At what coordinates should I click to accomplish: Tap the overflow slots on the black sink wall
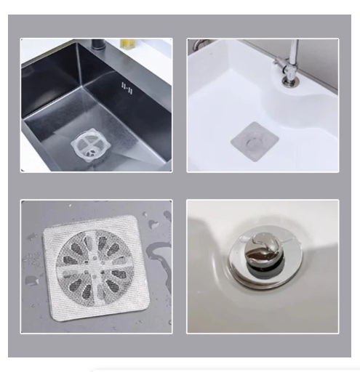125,87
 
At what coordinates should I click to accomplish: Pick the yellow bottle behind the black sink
128,43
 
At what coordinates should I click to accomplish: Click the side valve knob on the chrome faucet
278,68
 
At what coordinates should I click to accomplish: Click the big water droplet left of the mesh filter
33,280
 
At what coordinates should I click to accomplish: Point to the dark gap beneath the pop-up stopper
259,267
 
